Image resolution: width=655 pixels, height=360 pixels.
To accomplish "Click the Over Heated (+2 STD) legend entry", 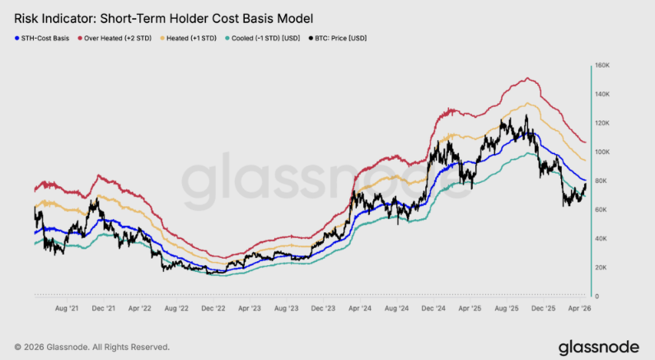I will tap(120, 38).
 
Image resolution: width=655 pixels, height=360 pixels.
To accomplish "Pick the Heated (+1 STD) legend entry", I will tap(197, 38).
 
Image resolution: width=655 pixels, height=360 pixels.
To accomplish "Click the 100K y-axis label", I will tap(601, 152).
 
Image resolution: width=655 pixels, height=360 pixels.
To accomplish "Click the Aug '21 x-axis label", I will tap(66, 308).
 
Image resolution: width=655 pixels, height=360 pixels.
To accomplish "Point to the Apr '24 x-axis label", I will tap(360, 308).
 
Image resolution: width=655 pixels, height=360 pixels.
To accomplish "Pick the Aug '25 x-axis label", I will tap(508, 308).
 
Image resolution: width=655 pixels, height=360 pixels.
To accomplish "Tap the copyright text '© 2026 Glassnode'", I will tap(91, 347).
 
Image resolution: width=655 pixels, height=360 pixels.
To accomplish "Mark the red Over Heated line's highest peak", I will tap(526, 78).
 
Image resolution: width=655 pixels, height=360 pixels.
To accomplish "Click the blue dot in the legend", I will tap(16, 38).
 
